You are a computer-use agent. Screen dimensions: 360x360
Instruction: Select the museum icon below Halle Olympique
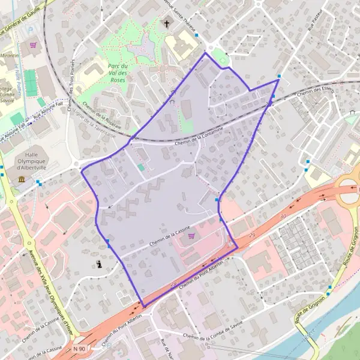[x=22, y=179]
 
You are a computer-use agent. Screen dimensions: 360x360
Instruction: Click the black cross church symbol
[x=167, y=25]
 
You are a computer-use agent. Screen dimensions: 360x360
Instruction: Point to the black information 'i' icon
[x=99, y=263]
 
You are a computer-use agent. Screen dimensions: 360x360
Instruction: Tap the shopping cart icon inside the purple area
[x=191, y=236]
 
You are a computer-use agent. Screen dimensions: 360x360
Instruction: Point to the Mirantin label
[x=9, y=56]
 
